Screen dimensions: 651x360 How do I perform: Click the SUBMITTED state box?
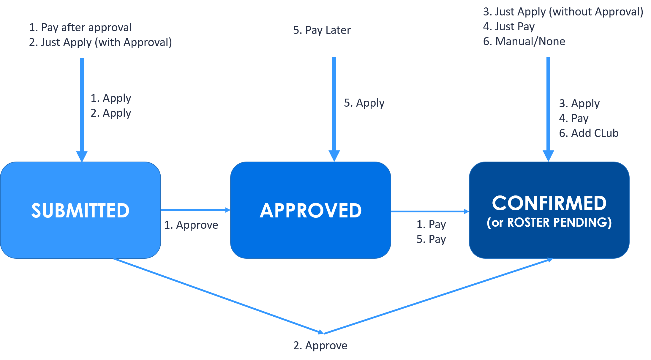tap(80, 210)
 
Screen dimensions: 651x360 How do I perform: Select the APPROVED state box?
tap(311, 210)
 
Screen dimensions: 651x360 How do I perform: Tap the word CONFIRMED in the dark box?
tap(549, 203)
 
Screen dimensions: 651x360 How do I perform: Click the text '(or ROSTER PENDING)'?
tap(549, 222)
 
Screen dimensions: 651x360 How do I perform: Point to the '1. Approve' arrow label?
tap(191, 225)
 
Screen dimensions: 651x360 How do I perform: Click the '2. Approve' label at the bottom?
tap(320, 346)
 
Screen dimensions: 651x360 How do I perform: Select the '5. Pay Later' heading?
tap(322, 30)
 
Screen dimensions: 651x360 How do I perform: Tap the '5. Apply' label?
tap(364, 103)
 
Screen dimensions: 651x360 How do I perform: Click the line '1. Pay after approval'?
tap(80, 28)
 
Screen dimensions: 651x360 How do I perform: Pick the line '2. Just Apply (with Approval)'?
tap(100, 42)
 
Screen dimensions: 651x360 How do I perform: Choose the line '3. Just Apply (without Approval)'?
tap(563, 12)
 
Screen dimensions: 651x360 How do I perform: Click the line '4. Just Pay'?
tap(509, 27)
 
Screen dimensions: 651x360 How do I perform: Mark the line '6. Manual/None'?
tap(524, 41)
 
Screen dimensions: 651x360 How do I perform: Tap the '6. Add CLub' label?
tap(589, 133)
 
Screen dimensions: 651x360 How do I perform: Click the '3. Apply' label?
tap(579, 104)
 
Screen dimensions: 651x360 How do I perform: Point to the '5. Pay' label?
tap(431, 239)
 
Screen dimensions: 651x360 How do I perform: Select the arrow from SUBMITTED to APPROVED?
tap(196, 210)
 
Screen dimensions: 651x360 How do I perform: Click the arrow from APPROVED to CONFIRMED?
tap(430, 211)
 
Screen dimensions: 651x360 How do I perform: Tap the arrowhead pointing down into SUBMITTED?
tap(82, 157)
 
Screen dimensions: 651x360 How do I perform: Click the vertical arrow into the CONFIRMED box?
tap(548, 110)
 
